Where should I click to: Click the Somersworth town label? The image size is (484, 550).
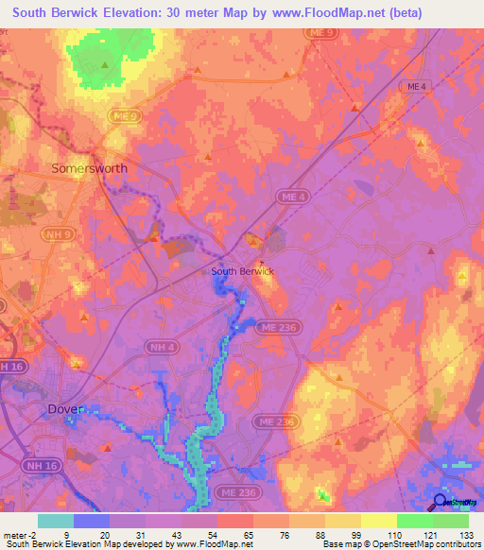pyautogui.click(x=89, y=168)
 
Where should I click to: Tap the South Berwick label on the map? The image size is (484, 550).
pyautogui.click(x=242, y=271)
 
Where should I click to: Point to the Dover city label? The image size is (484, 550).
pyautogui.click(x=65, y=409)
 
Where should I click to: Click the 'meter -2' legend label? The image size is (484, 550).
pyautogui.click(x=21, y=535)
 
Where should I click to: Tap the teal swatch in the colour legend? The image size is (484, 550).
pyautogui.click(x=56, y=521)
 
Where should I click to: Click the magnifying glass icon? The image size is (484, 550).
pyautogui.click(x=441, y=502)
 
